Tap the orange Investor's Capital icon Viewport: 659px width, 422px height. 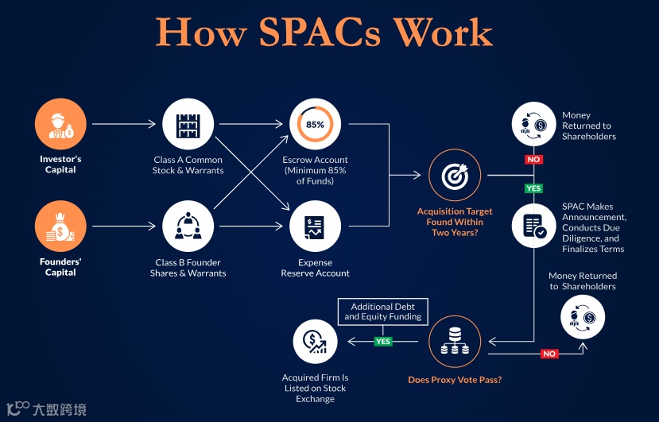coord(60,124)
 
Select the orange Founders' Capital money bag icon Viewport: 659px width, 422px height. coord(60,226)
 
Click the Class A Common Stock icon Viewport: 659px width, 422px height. coord(188,124)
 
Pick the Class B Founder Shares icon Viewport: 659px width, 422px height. coord(188,226)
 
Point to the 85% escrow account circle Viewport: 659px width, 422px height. coord(315,124)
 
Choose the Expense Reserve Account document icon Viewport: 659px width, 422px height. coord(315,226)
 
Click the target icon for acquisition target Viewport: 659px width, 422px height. coord(455,175)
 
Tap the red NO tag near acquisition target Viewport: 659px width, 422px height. coord(534,160)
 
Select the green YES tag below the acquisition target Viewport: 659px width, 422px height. coord(533,188)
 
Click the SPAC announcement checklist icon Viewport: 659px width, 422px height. coord(534,226)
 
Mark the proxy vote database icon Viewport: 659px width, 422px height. coord(455,342)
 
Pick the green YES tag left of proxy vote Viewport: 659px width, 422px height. coord(384,342)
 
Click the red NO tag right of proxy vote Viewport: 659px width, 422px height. coord(549,354)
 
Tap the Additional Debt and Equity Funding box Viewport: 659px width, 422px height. coord(383,312)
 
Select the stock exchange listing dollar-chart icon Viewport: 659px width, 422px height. coord(315,342)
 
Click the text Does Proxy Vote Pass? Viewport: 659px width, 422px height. coord(455,380)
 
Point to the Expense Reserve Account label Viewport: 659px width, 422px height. coord(315,268)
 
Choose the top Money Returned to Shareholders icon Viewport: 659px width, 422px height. coord(534,124)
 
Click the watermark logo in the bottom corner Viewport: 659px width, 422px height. coord(46,409)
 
